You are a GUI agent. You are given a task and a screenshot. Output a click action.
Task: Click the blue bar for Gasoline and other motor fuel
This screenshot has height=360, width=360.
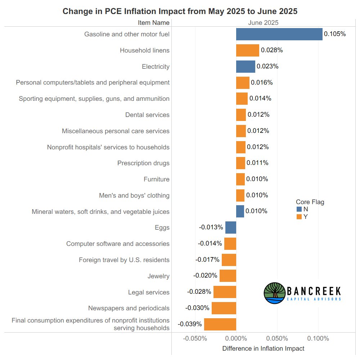click(x=279, y=34)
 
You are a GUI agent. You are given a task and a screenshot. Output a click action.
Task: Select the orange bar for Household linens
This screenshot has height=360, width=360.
click(x=247, y=50)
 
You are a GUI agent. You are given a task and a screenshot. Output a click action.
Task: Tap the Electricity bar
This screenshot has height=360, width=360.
click(x=246, y=67)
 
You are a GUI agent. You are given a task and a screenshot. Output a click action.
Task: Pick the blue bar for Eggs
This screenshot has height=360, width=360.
click(x=231, y=228)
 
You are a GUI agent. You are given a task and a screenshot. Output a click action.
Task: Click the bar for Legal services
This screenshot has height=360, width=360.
click(x=225, y=292)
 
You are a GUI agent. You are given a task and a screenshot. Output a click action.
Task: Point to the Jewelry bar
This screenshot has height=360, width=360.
click(x=228, y=276)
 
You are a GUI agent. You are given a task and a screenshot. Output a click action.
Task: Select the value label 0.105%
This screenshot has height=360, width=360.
click(x=335, y=34)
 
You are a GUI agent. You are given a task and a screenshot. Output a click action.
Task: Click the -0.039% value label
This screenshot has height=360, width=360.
click(x=190, y=324)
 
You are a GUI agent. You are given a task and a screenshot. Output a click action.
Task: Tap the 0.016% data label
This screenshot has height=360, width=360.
click(x=262, y=82)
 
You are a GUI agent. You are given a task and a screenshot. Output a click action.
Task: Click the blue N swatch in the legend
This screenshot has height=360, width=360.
click(x=299, y=209)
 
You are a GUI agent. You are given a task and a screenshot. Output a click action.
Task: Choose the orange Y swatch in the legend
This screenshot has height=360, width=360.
click(x=299, y=217)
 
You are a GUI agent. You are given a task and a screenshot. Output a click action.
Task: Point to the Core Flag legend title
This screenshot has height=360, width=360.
click(x=310, y=202)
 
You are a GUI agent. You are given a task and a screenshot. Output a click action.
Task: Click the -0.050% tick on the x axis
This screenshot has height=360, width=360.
click(x=195, y=339)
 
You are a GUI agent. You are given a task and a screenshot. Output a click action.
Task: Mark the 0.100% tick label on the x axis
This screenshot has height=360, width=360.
click(x=318, y=339)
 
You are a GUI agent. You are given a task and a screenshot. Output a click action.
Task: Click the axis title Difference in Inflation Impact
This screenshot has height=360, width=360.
click(x=263, y=348)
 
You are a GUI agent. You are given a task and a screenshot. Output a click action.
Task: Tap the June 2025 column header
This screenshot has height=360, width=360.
click(x=263, y=23)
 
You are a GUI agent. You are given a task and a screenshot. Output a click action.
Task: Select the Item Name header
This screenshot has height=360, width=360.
click(x=153, y=23)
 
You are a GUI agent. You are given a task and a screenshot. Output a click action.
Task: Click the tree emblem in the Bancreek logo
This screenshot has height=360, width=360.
click(x=275, y=293)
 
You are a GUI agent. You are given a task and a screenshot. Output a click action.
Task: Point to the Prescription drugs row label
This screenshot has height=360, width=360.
click(x=143, y=163)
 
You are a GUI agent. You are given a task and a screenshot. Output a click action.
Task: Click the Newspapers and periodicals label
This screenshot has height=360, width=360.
click(x=129, y=308)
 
